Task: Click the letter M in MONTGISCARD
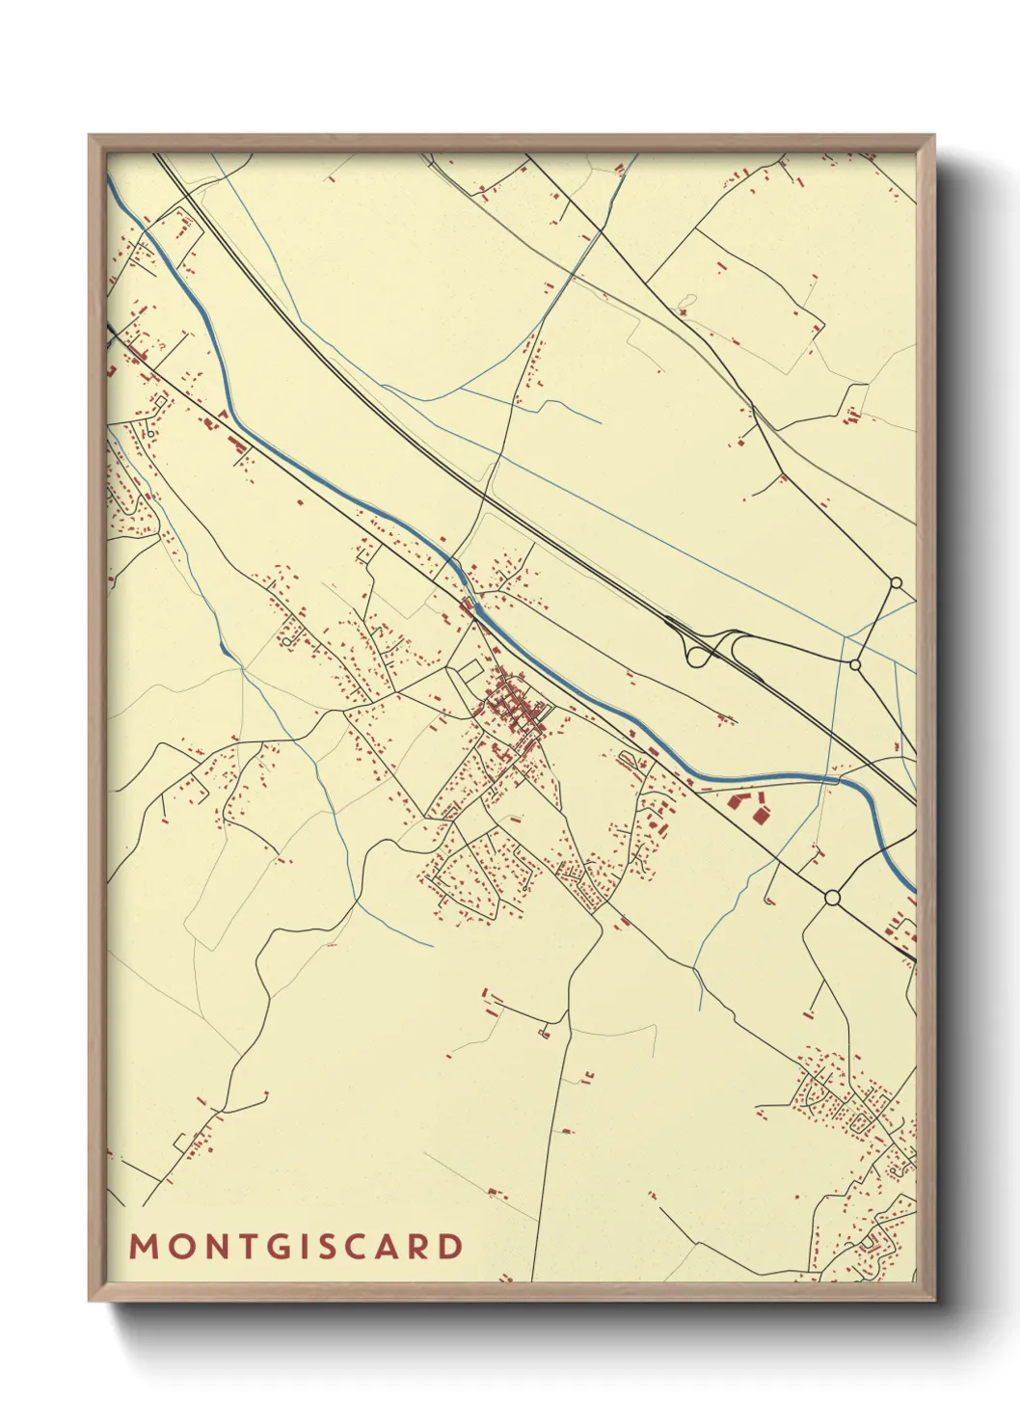[x=143, y=1247]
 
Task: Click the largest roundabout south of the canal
[x=832, y=898]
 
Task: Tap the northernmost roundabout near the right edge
[x=895, y=582]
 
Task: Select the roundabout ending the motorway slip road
[x=854, y=664]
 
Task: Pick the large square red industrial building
[x=761, y=816]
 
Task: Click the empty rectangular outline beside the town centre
[x=470, y=671]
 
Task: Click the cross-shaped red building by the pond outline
[x=684, y=312]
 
